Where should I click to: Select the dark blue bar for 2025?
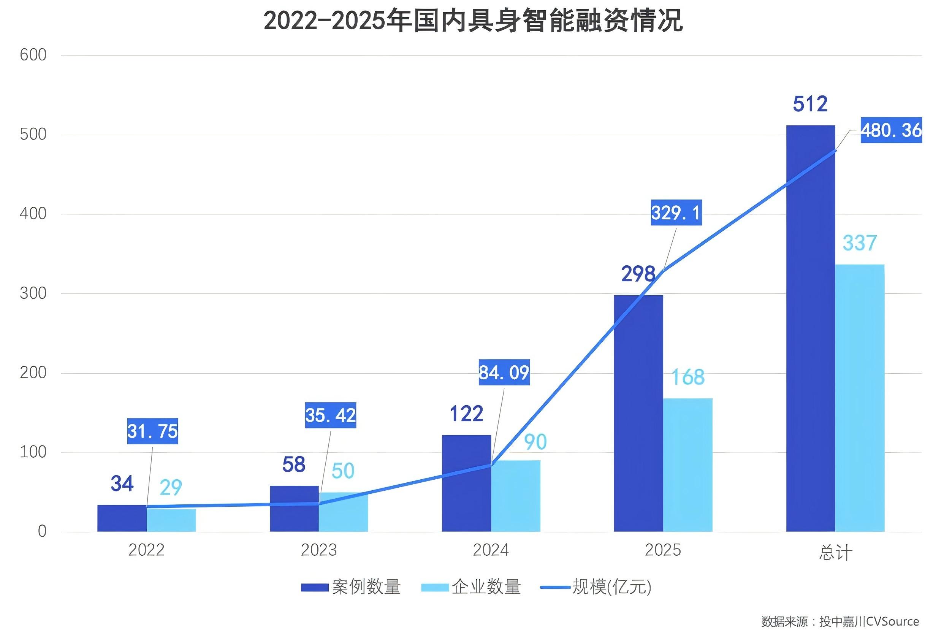pos(638,412)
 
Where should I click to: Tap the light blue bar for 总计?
pos(860,398)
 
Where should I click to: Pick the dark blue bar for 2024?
pos(466,483)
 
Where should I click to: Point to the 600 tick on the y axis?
pos(33,55)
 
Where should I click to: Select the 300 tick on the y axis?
pos(33,293)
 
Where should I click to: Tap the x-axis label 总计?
pos(835,552)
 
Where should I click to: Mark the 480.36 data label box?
pos(891,130)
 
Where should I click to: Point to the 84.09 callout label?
pos(504,372)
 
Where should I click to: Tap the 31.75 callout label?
pos(152,431)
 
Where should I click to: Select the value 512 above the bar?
pos(810,104)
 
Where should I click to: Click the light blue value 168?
pos(688,377)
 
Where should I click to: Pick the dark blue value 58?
pos(293,464)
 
